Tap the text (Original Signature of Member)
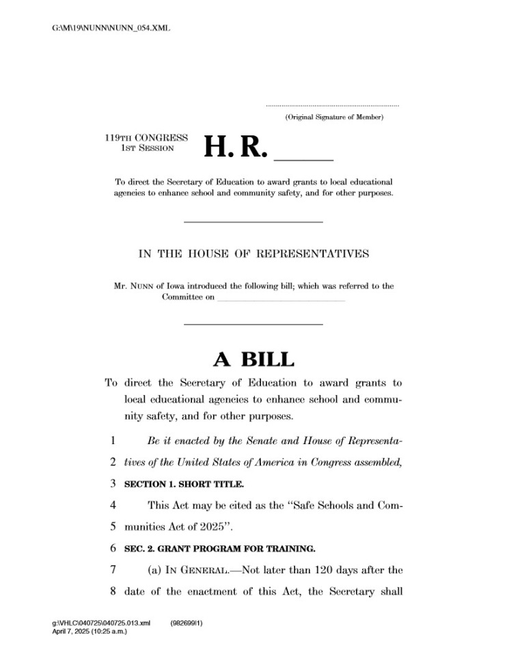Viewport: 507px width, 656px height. point(334,118)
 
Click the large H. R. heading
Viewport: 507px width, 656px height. point(234,146)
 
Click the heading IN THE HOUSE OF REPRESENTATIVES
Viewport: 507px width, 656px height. point(253,254)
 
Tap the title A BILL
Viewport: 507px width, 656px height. point(253,359)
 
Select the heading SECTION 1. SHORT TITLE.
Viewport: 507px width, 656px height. point(184,484)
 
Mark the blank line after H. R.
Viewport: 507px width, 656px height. point(303,158)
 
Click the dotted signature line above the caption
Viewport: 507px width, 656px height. point(332,106)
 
